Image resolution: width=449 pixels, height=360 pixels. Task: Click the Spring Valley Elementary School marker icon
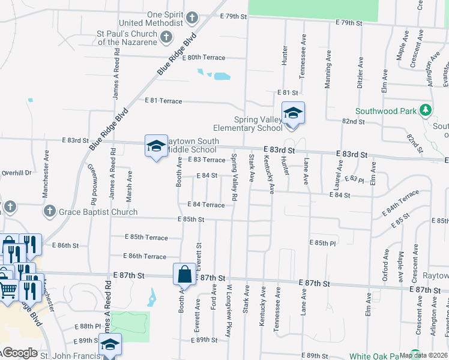click(x=294, y=113)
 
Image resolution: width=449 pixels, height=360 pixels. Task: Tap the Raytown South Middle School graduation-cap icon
click(x=155, y=146)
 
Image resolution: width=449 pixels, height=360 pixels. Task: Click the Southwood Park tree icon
click(x=426, y=110)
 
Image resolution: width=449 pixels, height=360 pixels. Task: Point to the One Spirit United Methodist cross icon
click(x=192, y=17)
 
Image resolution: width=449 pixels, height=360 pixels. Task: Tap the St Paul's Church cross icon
click(x=166, y=38)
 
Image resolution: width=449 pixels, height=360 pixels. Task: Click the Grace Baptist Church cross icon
click(x=50, y=212)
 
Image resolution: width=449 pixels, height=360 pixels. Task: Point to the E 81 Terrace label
click(x=163, y=101)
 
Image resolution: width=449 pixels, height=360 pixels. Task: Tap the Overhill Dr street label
click(x=16, y=172)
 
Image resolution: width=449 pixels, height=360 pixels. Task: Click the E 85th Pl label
click(x=322, y=243)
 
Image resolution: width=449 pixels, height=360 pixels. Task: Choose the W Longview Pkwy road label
click(x=229, y=302)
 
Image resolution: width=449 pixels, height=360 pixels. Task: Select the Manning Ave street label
click(x=328, y=70)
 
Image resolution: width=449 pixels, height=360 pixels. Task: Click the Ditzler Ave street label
click(x=360, y=73)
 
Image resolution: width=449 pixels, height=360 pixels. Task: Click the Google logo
click(x=20, y=353)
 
